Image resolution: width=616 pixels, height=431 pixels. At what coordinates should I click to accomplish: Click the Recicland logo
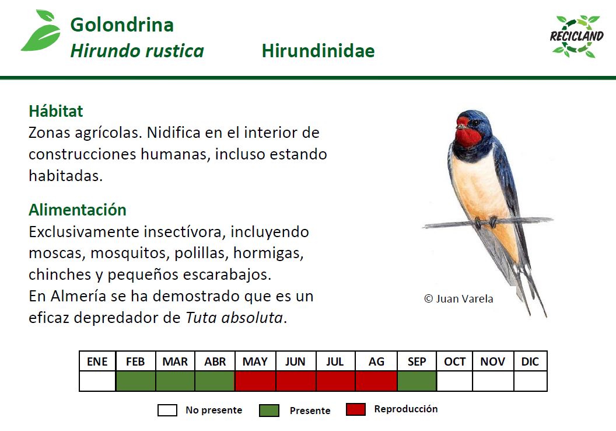577,36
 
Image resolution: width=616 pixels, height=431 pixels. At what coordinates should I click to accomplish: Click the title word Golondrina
122,25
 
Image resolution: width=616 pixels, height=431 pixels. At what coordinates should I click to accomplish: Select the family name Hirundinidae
318,51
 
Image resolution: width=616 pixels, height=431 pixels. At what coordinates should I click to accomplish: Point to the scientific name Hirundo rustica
137,51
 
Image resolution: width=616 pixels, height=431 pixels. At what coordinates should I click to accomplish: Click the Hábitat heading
56,111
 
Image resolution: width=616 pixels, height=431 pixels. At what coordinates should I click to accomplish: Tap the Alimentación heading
78,210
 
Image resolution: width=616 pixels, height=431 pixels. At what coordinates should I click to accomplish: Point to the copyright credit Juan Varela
459,298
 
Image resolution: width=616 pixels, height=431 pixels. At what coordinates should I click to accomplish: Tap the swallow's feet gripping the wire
485,222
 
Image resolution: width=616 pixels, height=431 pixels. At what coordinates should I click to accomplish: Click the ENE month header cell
97,362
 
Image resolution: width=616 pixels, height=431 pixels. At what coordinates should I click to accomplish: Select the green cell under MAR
175,381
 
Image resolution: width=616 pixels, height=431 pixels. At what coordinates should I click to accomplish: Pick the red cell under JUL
335,381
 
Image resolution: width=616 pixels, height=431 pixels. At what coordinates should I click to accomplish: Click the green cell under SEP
416,381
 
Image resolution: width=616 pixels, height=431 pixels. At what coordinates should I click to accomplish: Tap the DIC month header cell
530,362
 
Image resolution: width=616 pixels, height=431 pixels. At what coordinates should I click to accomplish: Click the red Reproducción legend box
356,409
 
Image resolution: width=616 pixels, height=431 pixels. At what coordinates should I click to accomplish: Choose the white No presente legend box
167,411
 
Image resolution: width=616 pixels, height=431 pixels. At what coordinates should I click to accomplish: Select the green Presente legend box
269,411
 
